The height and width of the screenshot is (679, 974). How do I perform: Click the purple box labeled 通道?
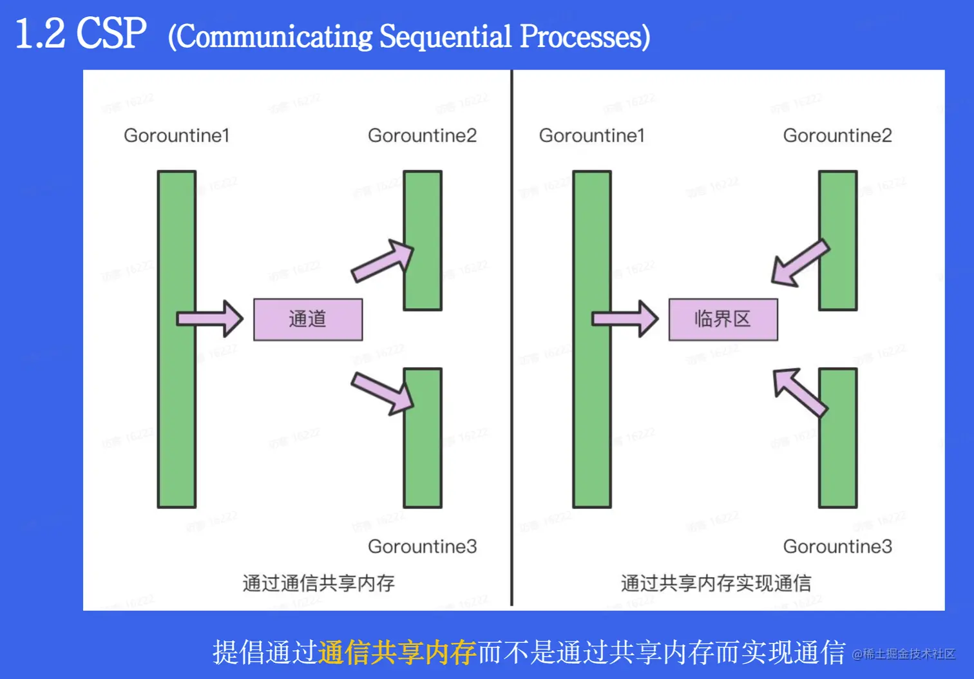pyautogui.click(x=308, y=320)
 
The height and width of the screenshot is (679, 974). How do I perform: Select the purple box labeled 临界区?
pyautogui.click(x=723, y=320)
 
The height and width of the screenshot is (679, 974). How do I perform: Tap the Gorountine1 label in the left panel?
pyautogui.click(x=177, y=136)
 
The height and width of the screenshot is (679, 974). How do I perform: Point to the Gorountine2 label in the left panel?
pyautogui.click(x=422, y=136)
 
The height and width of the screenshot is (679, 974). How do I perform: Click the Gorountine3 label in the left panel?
pyautogui.click(x=422, y=546)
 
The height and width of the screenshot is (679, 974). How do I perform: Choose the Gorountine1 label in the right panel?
pyautogui.click(x=591, y=136)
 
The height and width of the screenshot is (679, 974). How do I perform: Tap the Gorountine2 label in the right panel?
pyautogui.click(x=837, y=136)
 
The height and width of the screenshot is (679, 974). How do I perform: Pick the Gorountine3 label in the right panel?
pyautogui.click(x=837, y=546)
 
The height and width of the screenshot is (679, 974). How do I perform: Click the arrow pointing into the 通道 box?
pyautogui.click(x=210, y=318)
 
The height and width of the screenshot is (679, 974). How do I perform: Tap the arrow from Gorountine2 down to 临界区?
pyautogui.click(x=799, y=263)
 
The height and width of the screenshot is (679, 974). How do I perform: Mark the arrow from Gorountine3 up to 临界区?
pyautogui.click(x=799, y=391)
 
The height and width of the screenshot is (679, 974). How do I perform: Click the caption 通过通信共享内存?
pyautogui.click(x=318, y=583)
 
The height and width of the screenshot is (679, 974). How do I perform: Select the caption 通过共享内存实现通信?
pyautogui.click(x=716, y=583)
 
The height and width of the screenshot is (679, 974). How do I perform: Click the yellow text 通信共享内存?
pyautogui.click(x=397, y=653)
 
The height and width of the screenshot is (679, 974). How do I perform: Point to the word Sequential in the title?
pyautogui.click(x=445, y=37)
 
